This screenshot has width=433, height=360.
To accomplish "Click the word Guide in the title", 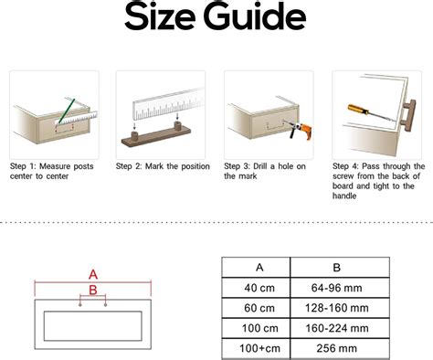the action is tap(255, 16).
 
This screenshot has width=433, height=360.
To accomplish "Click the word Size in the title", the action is tap(159, 16).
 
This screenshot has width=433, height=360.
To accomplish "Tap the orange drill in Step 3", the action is tap(301, 130).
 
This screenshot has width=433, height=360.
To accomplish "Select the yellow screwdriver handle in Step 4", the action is tap(359, 110).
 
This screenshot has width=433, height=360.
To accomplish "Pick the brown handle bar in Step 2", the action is tap(156, 134).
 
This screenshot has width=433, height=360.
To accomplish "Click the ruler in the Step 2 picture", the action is tap(169, 104).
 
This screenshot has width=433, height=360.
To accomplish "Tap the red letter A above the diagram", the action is tap(93, 275).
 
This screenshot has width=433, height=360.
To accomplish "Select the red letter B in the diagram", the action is tap(93, 290).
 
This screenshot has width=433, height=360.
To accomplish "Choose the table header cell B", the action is tap(340, 267).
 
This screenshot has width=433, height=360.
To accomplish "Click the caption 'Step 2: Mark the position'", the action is tap(163, 166).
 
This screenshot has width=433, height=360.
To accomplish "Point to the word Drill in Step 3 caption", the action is tap(260, 166).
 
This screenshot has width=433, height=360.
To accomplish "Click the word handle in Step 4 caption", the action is tap(344, 196).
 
